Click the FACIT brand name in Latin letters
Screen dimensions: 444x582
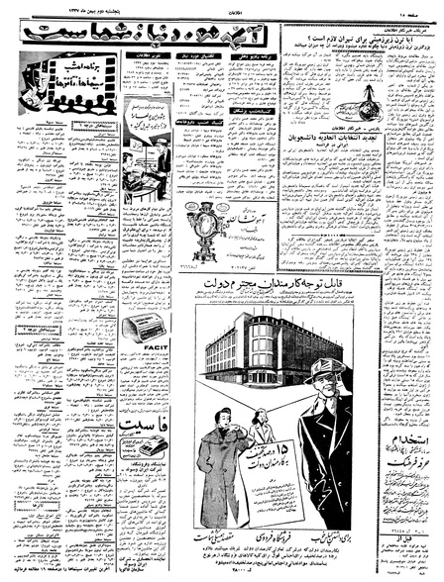(x=144, y=350)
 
